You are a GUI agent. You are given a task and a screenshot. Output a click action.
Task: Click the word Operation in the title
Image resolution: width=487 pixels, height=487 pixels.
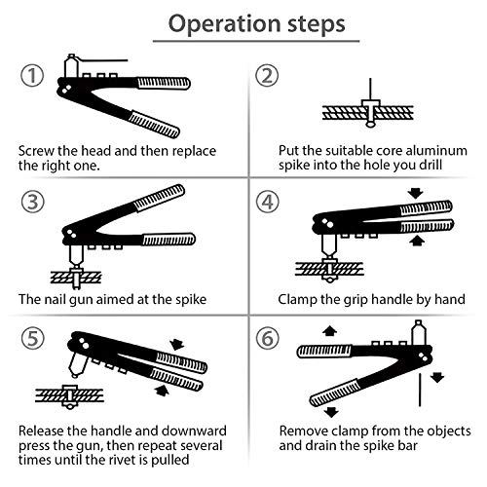click(225, 24)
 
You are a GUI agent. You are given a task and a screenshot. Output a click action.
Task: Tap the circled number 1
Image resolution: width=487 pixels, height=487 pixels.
click(32, 75)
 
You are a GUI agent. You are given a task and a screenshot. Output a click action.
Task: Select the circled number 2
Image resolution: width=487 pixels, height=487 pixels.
click(267, 75)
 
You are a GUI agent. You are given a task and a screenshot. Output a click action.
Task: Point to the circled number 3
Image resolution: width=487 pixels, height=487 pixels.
click(33, 202)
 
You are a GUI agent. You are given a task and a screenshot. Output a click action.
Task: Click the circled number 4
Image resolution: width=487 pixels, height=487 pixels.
click(268, 202)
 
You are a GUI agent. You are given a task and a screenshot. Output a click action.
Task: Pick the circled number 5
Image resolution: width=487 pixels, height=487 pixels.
click(33, 338)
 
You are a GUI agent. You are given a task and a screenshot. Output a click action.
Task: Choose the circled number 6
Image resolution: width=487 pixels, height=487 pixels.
click(268, 338)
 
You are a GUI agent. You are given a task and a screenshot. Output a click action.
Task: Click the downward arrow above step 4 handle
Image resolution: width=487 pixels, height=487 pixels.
click(416, 194)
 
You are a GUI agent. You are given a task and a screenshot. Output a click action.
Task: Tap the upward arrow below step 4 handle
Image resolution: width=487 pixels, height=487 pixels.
click(417, 241)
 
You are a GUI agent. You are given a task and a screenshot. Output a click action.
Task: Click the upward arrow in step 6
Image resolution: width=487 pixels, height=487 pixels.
click(330, 331)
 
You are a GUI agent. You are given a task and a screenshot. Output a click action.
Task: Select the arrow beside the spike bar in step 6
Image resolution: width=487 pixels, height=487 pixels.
click(437, 377)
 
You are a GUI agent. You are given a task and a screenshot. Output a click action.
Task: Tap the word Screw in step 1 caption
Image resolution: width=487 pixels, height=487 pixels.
click(36, 151)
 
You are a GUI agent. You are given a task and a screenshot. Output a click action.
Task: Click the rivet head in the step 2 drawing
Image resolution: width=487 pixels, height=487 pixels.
click(370, 103)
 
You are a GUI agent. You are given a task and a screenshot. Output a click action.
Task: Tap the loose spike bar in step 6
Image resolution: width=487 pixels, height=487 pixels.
click(420, 390)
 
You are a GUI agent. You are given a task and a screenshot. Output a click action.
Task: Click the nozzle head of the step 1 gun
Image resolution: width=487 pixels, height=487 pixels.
click(71, 65)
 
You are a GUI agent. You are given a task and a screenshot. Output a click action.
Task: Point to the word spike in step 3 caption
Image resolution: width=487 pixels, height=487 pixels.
click(191, 300)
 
